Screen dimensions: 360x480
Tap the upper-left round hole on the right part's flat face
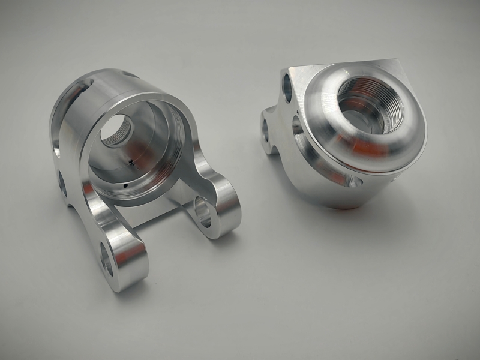[x=287, y=86]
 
